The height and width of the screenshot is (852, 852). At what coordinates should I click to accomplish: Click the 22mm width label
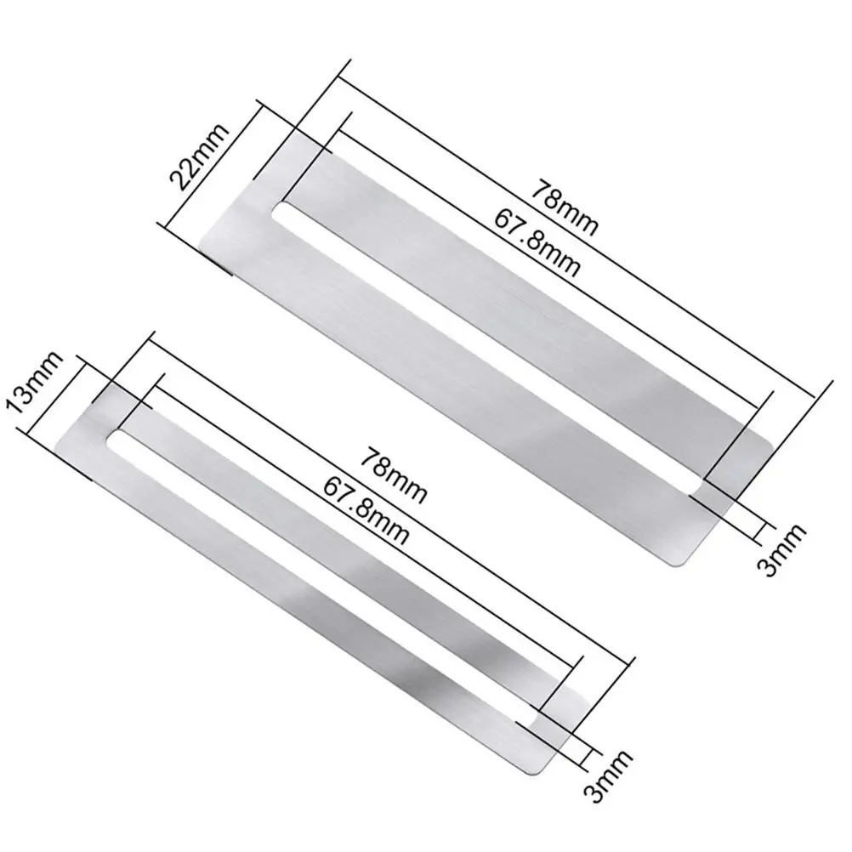199,156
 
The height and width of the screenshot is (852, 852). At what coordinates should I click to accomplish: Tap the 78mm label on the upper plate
565,209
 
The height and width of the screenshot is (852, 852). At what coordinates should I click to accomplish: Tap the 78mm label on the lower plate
395,475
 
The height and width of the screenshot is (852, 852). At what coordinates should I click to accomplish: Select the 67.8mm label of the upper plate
537,242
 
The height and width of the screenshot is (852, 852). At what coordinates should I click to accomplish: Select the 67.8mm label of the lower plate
366,511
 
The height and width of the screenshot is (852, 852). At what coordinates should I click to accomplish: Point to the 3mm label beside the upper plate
781,549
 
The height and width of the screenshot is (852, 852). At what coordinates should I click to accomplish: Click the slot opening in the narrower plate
321,576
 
